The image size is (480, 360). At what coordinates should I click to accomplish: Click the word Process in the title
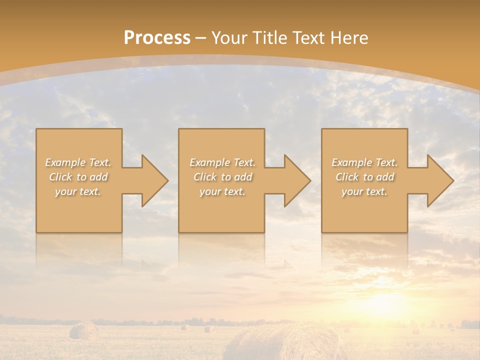(157, 38)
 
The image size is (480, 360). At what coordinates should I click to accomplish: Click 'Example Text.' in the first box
(78, 162)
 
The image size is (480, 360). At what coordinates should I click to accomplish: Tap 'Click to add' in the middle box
(222, 177)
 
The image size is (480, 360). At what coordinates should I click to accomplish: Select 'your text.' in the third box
(364, 191)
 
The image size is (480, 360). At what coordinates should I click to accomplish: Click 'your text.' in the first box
(78, 191)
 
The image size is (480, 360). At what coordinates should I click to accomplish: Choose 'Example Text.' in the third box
(364, 162)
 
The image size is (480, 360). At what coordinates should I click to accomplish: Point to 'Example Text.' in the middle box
(222, 162)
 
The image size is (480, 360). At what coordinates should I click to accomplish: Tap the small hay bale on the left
(83, 330)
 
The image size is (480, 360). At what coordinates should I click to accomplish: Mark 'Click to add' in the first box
(78, 177)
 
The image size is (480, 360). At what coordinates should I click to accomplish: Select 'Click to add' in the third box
(365, 177)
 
